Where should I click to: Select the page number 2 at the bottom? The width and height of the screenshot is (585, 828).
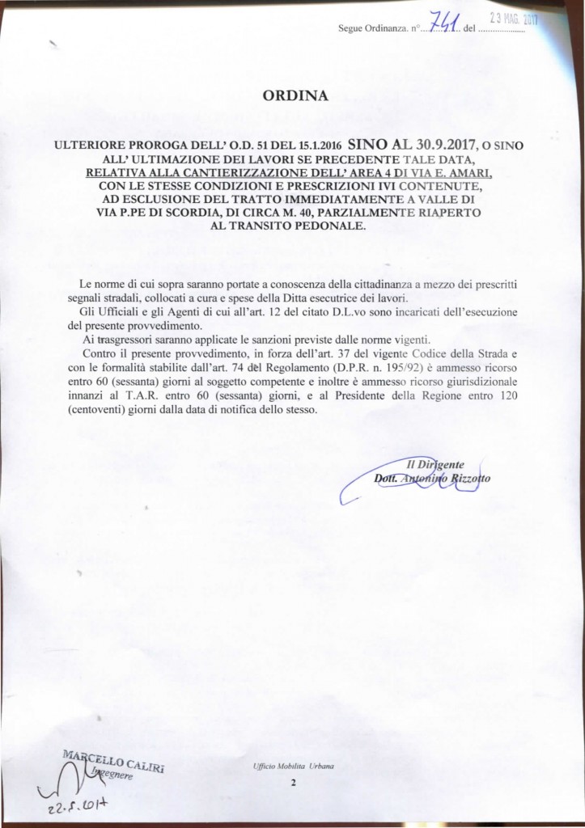tap(294, 783)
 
